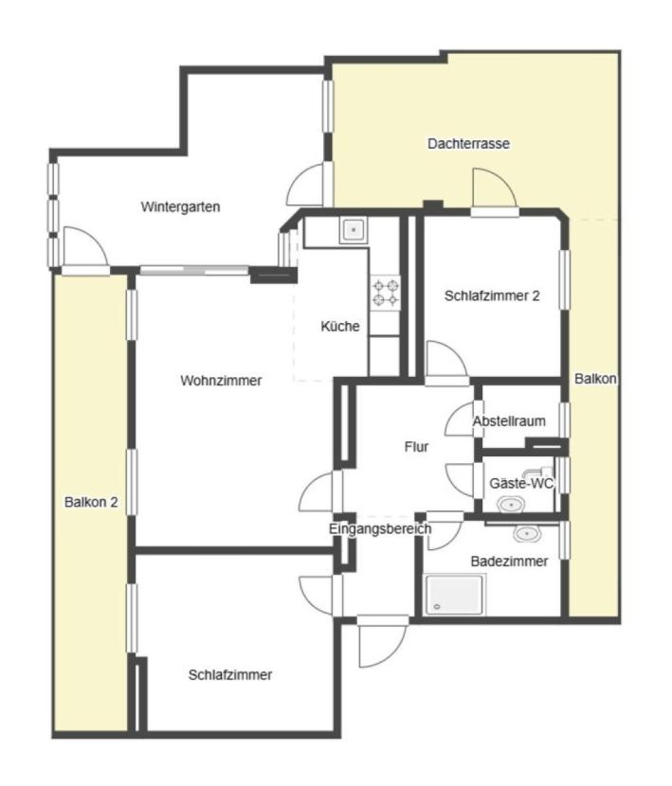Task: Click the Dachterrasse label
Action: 468,144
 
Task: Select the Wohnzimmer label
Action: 220,381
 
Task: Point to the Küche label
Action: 340,327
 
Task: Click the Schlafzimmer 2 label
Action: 492,295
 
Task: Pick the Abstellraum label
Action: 509,421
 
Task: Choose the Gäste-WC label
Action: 520,483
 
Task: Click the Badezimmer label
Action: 509,562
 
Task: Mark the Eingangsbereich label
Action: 380,529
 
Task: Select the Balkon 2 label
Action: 91,502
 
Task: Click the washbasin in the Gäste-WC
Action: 513,505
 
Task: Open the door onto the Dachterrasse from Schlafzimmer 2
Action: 492,190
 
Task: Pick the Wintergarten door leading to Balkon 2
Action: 85,251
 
